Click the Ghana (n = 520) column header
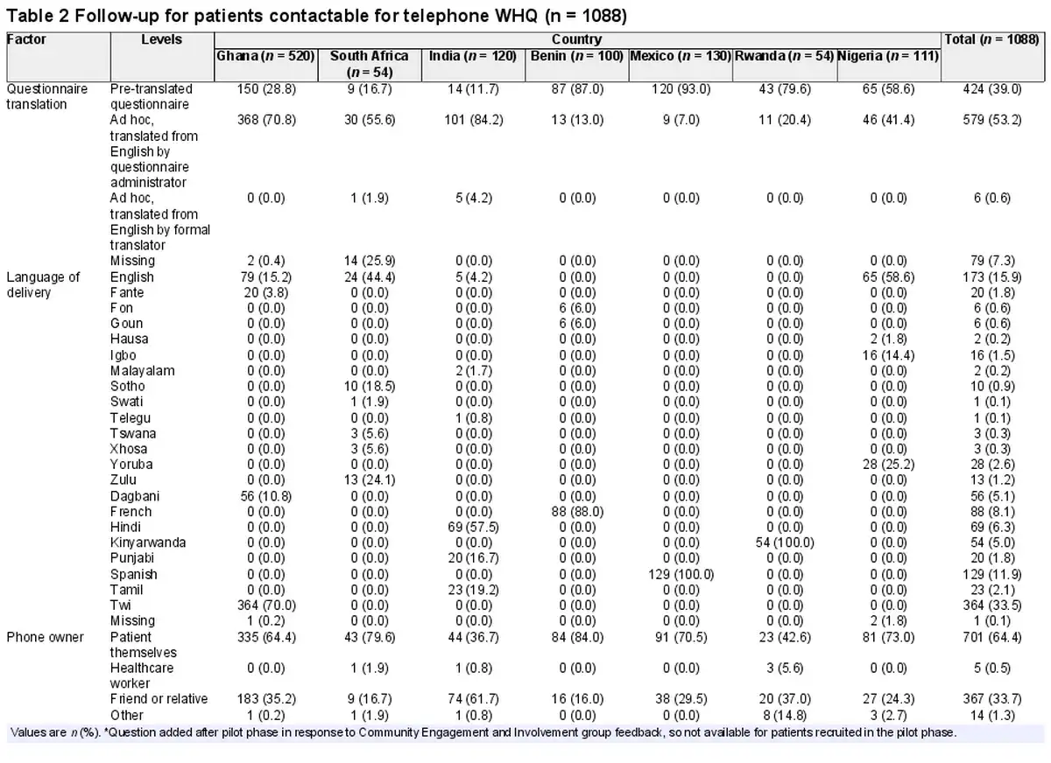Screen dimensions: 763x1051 click(265, 56)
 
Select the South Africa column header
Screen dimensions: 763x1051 click(369, 63)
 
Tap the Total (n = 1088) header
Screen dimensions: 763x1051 click(993, 39)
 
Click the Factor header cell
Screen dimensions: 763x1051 click(26, 39)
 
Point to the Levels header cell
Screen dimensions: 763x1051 click(161, 39)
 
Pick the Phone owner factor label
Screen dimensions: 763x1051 click(45, 637)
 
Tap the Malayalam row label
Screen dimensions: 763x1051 click(142, 370)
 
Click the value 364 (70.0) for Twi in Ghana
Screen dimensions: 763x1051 click(265, 605)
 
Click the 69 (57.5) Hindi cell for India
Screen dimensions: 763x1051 click(472, 527)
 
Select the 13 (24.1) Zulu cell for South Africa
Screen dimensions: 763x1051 click(369, 479)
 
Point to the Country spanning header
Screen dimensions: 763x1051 click(576, 39)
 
